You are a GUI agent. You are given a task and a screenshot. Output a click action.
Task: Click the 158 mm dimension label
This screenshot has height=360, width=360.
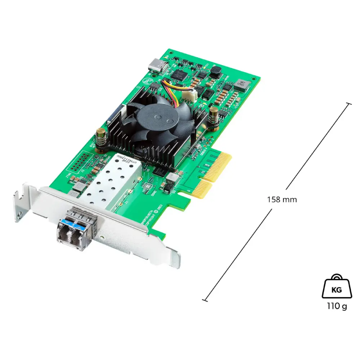pos(282,199)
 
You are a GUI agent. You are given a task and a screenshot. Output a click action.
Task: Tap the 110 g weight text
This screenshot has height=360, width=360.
pos(337,306)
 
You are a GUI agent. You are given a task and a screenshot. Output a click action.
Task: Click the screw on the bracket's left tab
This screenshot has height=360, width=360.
pos(19,215)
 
